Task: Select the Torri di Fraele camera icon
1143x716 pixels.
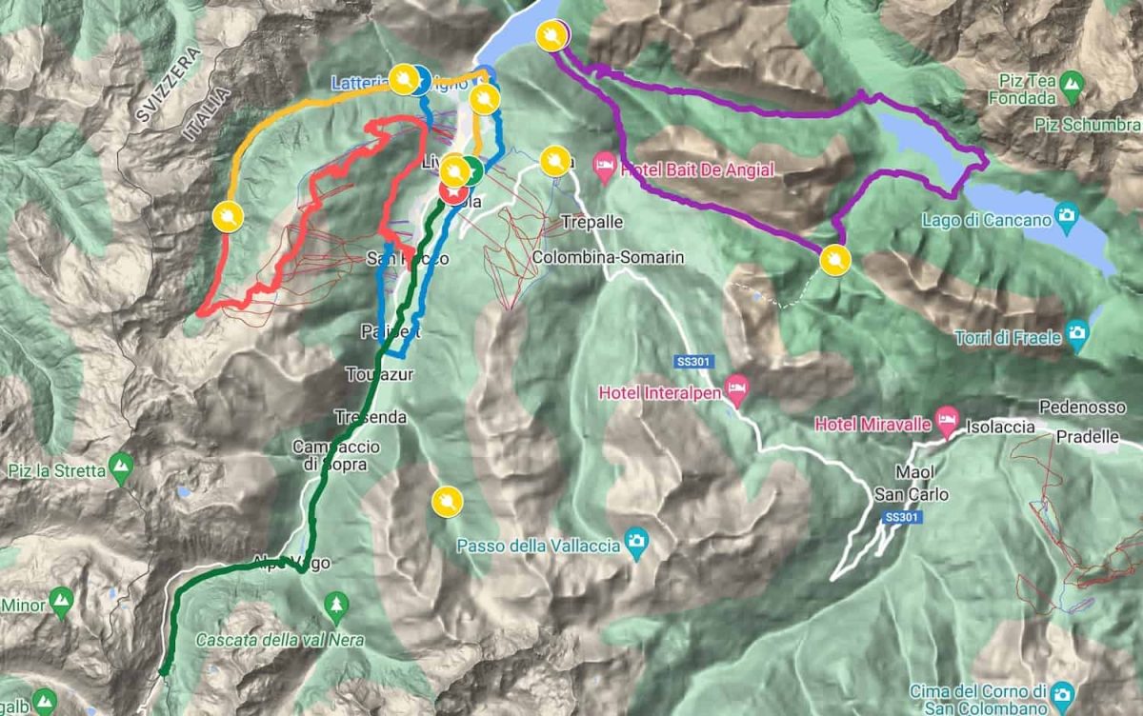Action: tap(1077, 332)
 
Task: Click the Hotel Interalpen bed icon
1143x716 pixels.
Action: tap(736, 387)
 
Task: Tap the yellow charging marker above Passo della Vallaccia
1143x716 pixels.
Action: tap(446, 501)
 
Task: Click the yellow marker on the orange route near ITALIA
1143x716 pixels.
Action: tap(228, 217)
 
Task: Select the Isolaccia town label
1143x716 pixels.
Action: tap(1001, 427)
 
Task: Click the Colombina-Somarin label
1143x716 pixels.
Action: tap(609, 258)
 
